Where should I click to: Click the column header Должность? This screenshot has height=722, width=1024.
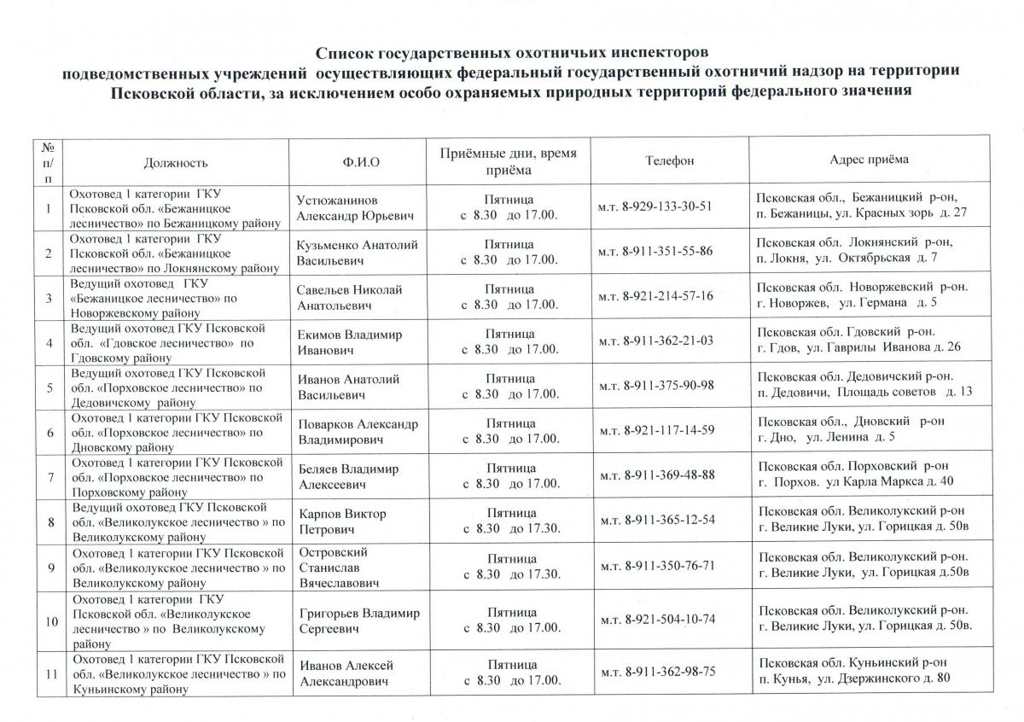tap(176, 161)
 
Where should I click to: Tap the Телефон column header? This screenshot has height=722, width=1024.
tap(670, 160)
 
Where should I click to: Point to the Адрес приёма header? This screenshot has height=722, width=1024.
tap(869, 160)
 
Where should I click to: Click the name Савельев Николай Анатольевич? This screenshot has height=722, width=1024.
tap(349, 297)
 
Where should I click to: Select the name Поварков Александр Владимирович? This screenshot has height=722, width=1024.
tap(358, 431)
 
